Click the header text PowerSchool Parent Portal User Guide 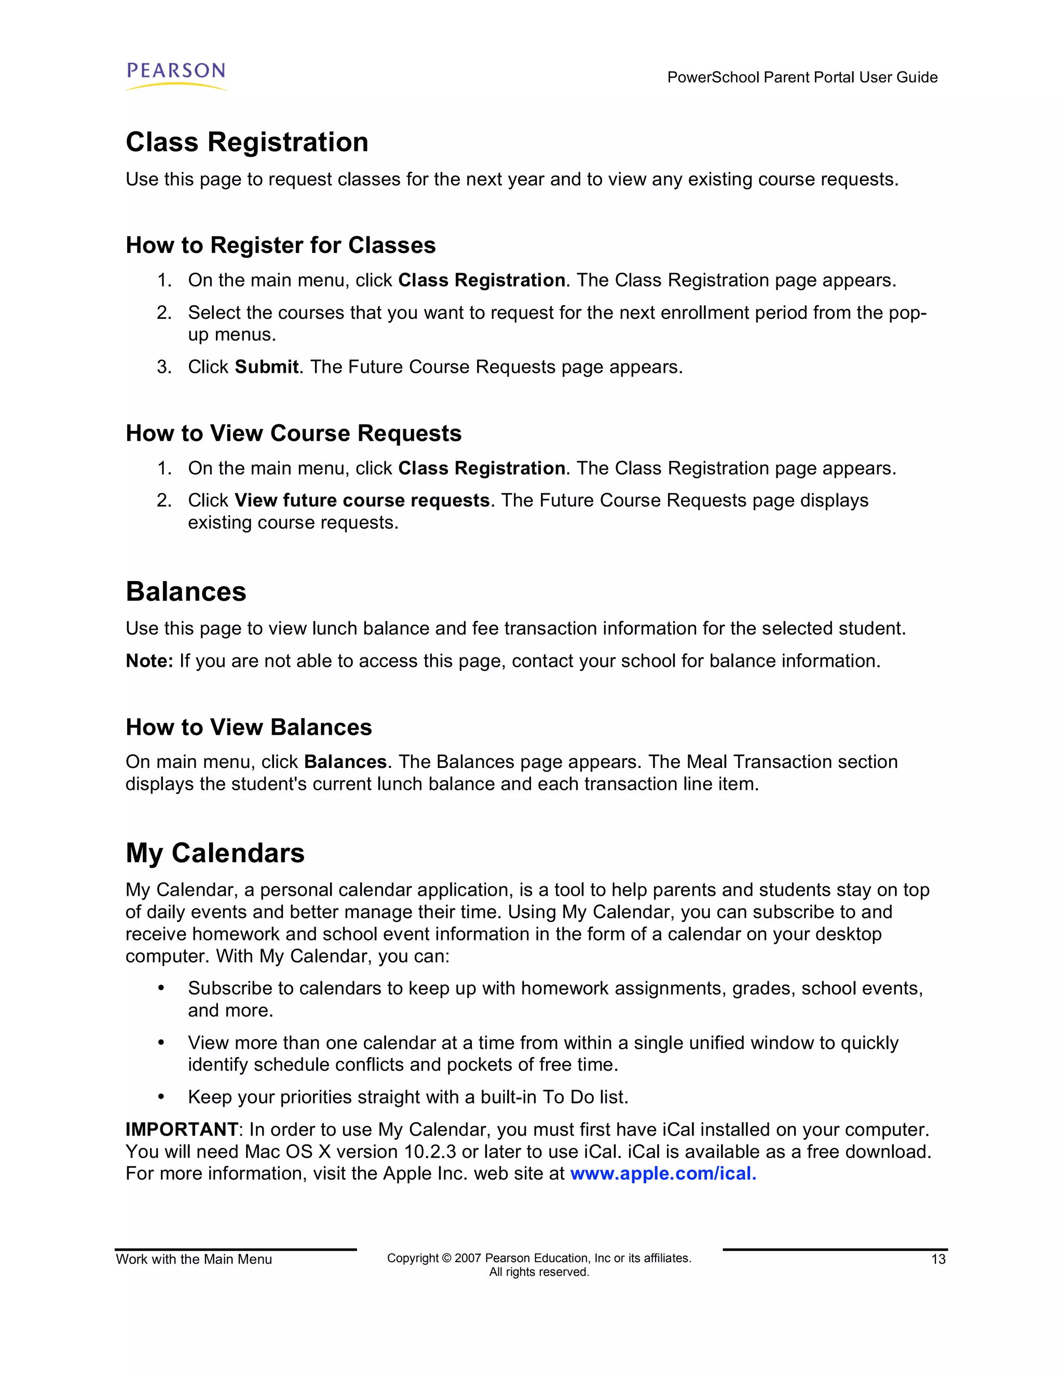click(801, 77)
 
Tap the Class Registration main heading click(247, 142)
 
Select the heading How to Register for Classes click(280, 245)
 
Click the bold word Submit click(266, 367)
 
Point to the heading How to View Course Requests click(293, 434)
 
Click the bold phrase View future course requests click(362, 500)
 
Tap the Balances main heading click(186, 591)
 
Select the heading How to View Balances click(249, 727)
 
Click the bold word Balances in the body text click(345, 762)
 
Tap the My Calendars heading click(215, 853)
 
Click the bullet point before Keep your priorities click(161, 1097)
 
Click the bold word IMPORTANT click(181, 1130)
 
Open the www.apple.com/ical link click(662, 1174)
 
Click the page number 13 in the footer click(938, 1260)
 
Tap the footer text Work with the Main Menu click(194, 1260)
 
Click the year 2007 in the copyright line click(468, 1258)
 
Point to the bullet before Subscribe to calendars click(161, 989)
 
